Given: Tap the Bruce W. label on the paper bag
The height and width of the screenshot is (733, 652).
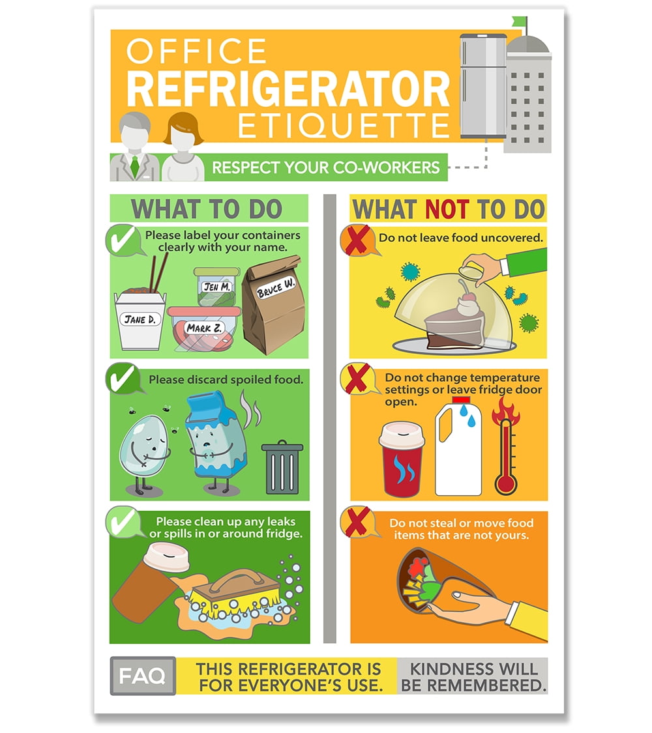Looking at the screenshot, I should click(276, 285).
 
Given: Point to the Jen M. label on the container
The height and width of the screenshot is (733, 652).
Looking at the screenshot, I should click(215, 286).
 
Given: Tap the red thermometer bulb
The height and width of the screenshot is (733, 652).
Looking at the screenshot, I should click(505, 482).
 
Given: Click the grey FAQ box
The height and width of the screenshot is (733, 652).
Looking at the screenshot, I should click(142, 675).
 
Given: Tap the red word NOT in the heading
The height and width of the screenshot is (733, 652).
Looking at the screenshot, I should click(447, 210).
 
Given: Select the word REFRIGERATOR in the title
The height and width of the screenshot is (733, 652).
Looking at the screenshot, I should click(288, 90).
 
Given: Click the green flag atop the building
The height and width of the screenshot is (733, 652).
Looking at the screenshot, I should click(520, 22).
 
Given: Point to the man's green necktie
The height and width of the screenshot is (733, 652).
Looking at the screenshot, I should click(135, 165).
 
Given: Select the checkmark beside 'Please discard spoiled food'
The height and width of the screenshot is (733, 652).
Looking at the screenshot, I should click(124, 377).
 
